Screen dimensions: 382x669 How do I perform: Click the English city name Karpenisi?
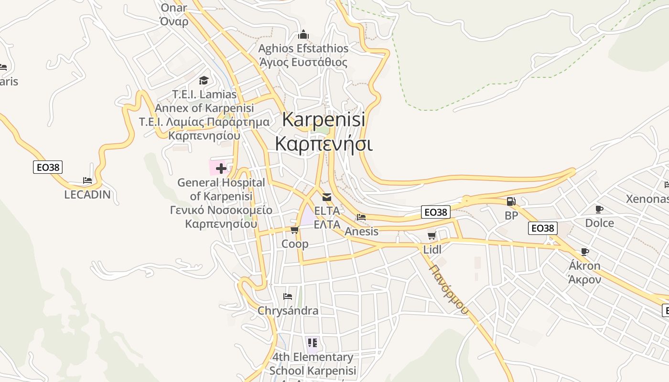pyautogui.click(x=324, y=119)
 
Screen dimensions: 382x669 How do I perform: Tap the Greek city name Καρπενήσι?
pyautogui.click(x=324, y=143)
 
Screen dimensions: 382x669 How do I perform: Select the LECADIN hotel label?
pyautogui.click(x=87, y=194)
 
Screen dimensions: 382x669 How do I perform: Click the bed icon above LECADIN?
pyautogui.click(x=87, y=180)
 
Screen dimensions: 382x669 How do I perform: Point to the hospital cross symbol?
pyautogui.click(x=221, y=168)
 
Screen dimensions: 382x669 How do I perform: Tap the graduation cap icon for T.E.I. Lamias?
pyautogui.click(x=204, y=80)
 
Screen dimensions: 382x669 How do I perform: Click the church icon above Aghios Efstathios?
pyautogui.click(x=303, y=35)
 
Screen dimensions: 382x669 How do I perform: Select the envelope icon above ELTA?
pyautogui.click(x=327, y=197)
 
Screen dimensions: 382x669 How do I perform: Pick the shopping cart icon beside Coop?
pyautogui.click(x=294, y=230)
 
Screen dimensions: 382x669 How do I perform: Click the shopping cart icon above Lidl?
pyautogui.click(x=432, y=235)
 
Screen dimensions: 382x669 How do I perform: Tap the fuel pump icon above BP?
pyautogui.click(x=511, y=202)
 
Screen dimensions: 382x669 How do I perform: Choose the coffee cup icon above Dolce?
pyautogui.click(x=599, y=209)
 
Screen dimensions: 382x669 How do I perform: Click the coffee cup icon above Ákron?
pyautogui.click(x=584, y=252)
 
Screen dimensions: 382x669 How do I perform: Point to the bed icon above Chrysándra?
pyautogui.click(x=287, y=297)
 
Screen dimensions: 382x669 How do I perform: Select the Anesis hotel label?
pyautogui.click(x=361, y=232)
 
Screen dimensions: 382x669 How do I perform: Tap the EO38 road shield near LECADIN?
pyautogui.click(x=48, y=167)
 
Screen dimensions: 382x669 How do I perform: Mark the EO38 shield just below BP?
pyautogui.click(x=543, y=228)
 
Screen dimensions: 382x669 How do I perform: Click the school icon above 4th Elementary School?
pyautogui.click(x=312, y=343)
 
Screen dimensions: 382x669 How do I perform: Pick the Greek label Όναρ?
pyautogui.click(x=174, y=21)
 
